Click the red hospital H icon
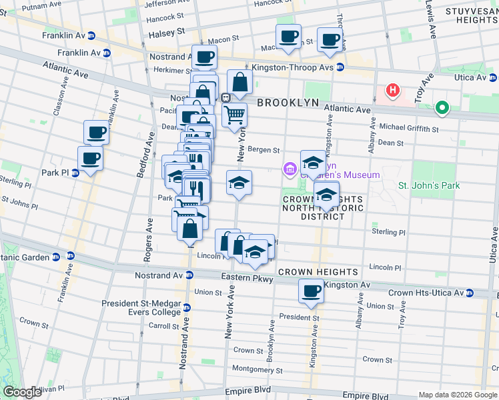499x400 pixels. click(x=393, y=90)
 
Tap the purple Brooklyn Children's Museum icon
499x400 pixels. click(x=290, y=170)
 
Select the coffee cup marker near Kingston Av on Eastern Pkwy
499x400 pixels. click(x=311, y=291)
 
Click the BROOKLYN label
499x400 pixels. click(x=288, y=103)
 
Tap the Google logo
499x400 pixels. click(x=22, y=392)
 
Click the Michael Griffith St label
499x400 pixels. click(x=408, y=128)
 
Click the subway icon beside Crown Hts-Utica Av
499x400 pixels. click(x=470, y=293)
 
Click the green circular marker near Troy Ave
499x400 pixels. click(x=441, y=107)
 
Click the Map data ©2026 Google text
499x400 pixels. click(x=457, y=395)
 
